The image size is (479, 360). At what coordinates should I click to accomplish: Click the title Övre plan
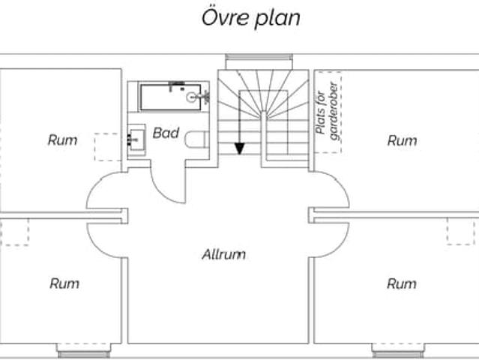click(x=250, y=17)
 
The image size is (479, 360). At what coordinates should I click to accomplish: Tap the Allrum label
click(x=223, y=254)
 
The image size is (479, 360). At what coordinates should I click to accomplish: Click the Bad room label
click(x=166, y=133)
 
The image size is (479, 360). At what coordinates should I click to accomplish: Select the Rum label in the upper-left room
click(x=62, y=139)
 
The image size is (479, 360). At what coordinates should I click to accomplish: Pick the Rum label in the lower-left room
click(x=64, y=283)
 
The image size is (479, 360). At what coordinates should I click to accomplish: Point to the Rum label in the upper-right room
click(x=402, y=140)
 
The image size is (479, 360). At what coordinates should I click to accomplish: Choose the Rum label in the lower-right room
click(x=402, y=283)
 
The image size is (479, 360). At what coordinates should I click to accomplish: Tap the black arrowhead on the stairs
click(x=239, y=148)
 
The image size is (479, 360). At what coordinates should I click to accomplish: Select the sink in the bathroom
click(x=136, y=137)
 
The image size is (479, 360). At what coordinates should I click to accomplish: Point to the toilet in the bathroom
click(x=197, y=139)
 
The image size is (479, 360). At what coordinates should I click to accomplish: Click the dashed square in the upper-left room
click(x=107, y=146)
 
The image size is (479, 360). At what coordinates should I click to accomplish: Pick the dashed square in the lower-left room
click(x=13, y=232)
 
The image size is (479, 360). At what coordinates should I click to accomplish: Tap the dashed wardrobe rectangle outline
click(x=328, y=112)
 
